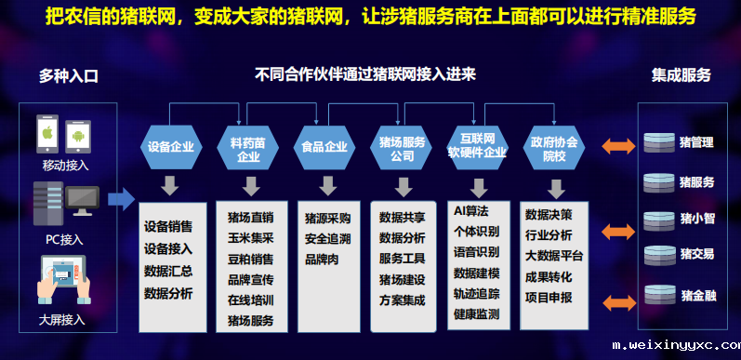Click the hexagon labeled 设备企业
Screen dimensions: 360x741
click(x=170, y=146)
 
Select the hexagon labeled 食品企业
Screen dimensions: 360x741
click(x=324, y=146)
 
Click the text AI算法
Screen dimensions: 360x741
click(x=470, y=211)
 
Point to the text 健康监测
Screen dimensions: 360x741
click(x=476, y=313)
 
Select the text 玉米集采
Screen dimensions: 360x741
click(x=250, y=237)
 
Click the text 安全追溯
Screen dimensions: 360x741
click(x=327, y=237)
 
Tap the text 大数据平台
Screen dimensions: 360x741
click(x=554, y=256)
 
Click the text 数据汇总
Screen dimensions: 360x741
click(x=168, y=271)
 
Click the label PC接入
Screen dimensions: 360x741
click(x=64, y=239)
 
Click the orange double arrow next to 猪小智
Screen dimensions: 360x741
click(x=616, y=227)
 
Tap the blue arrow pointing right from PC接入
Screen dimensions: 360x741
click(x=120, y=197)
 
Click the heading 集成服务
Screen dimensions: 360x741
click(x=681, y=74)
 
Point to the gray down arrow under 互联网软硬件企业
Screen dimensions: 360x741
click(x=478, y=185)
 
